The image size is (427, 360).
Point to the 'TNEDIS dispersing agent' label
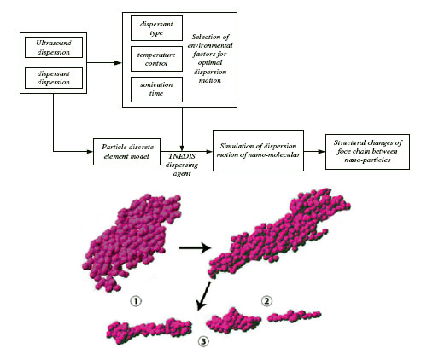[182, 165]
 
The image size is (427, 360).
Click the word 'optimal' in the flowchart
[210, 62]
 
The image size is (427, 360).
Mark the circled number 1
[136, 301]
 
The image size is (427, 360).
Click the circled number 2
[266, 301]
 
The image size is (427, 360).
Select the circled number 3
[203, 341]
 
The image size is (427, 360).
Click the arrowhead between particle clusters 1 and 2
[206, 247]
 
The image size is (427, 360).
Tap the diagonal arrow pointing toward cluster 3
[204, 296]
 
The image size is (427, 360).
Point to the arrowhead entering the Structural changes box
[322, 152]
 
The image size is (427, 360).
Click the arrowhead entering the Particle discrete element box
[90, 152]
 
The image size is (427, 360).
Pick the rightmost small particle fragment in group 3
[295, 316]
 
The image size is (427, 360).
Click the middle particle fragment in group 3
[233, 321]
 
